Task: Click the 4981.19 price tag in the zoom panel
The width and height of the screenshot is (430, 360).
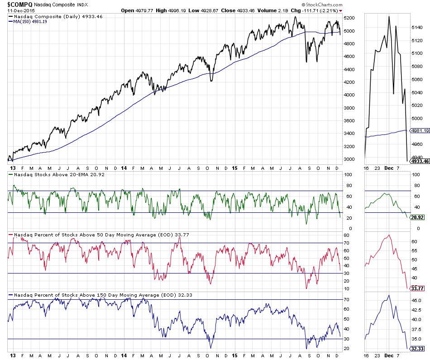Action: point(419,130)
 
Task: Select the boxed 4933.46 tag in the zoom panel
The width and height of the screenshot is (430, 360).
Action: point(419,161)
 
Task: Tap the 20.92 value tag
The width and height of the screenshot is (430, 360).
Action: point(417,218)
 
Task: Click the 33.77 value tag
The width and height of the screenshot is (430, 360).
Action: point(417,288)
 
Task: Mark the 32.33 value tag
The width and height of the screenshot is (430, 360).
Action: point(417,348)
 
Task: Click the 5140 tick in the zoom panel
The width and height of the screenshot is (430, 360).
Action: point(417,27)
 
